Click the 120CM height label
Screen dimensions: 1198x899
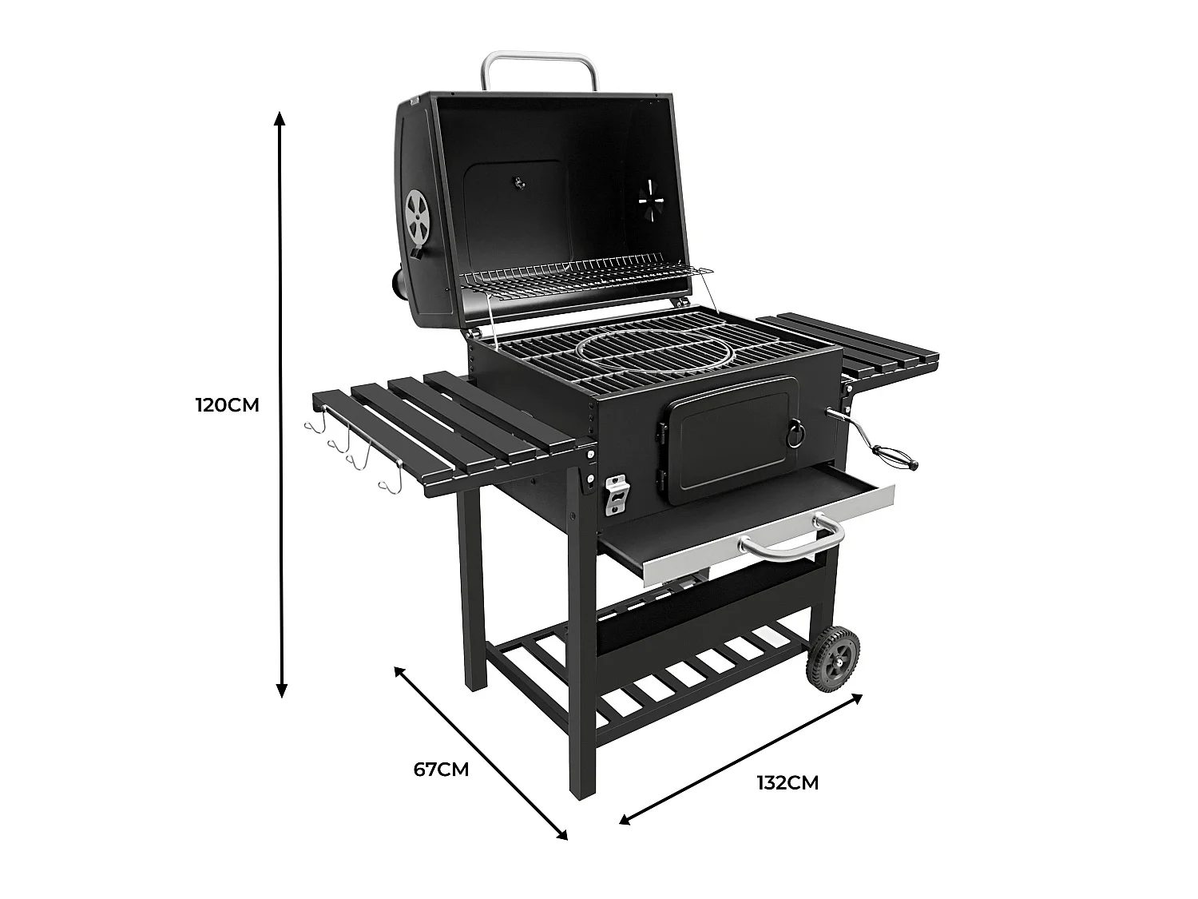pos(227,405)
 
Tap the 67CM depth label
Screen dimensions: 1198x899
pos(441,769)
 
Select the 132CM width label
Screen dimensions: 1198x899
pos(787,783)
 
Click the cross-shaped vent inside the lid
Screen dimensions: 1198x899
pos(653,200)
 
